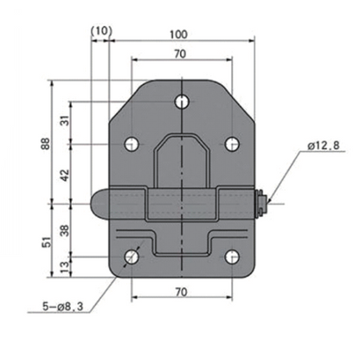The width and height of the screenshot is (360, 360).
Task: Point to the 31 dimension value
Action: [65, 122]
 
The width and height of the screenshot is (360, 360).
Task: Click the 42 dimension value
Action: [65, 173]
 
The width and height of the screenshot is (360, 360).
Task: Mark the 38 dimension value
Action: [65, 230]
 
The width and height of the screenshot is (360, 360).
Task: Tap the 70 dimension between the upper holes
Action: [180, 54]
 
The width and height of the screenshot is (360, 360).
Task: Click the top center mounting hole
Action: [181, 101]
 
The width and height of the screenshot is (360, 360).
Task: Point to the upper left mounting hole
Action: [131, 143]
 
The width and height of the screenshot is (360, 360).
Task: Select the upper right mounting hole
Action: [231, 143]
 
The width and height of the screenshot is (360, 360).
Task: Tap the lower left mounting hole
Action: [131, 257]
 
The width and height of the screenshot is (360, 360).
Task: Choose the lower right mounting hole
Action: [231, 257]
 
